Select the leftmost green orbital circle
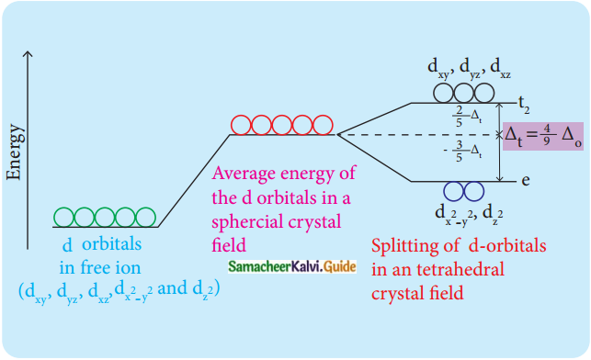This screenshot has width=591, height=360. coord(64,217)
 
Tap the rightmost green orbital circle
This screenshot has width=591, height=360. coord(147,217)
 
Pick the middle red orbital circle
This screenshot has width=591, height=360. coord(282,125)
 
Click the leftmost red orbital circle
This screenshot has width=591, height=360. coord(241,125)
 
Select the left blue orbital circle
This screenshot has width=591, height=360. coord(454,191)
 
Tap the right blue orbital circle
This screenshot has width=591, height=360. coord(474,191)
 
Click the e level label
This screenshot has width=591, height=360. coord(525,181)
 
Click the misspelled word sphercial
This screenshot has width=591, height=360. coord(247,221)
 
